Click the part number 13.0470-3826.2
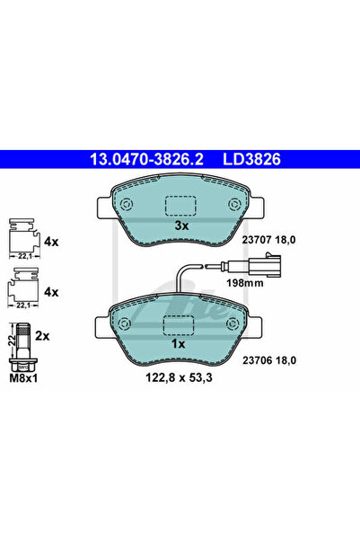click(x=146, y=159)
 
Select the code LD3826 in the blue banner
click(x=252, y=159)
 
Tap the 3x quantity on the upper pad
click(x=181, y=226)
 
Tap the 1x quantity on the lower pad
click(x=179, y=344)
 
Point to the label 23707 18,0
click(x=268, y=240)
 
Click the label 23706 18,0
click(x=269, y=360)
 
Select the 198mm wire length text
click(x=245, y=283)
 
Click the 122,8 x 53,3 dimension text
click(x=179, y=377)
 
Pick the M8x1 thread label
click(x=23, y=378)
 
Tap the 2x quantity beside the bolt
click(x=42, y=336)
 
